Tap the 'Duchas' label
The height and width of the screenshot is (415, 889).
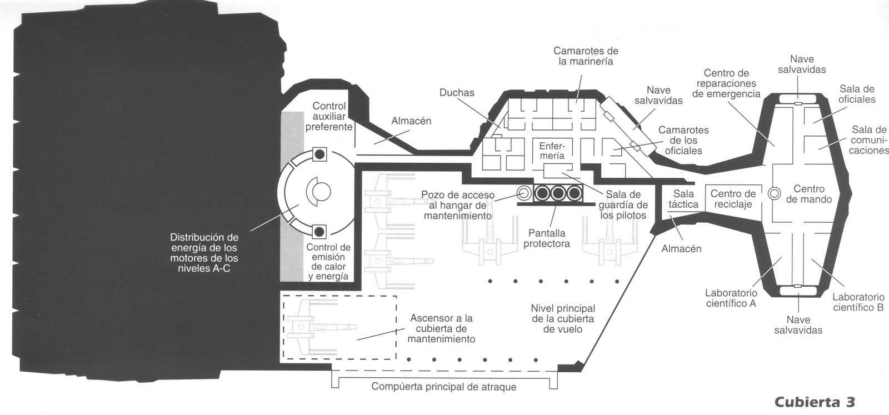click(x=457, y=93)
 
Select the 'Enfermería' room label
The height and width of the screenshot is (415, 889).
click(x=552, y=151)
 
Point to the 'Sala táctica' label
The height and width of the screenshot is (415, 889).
click(x=683, y=199)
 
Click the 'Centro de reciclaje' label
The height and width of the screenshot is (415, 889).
click(x=733, y=199)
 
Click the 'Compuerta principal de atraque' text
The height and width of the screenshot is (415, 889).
click(x=443, y=387)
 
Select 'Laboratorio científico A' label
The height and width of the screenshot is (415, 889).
click(x=730, y=298)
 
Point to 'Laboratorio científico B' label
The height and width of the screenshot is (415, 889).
click(x=858, y=302)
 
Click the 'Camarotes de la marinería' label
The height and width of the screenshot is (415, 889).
click(x=586, y=56)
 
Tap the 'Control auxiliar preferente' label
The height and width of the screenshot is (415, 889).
click(x=329, y=116)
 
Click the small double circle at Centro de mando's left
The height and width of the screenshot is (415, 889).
click(x=774, y=193)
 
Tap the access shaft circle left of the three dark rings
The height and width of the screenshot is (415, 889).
click(x=523, y=193)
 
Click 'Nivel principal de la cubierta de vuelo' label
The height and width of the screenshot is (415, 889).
click(x=563, y=318)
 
